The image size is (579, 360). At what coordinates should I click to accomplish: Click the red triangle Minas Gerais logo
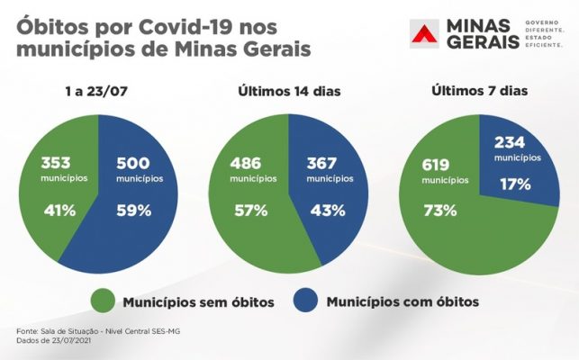(425, 36)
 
